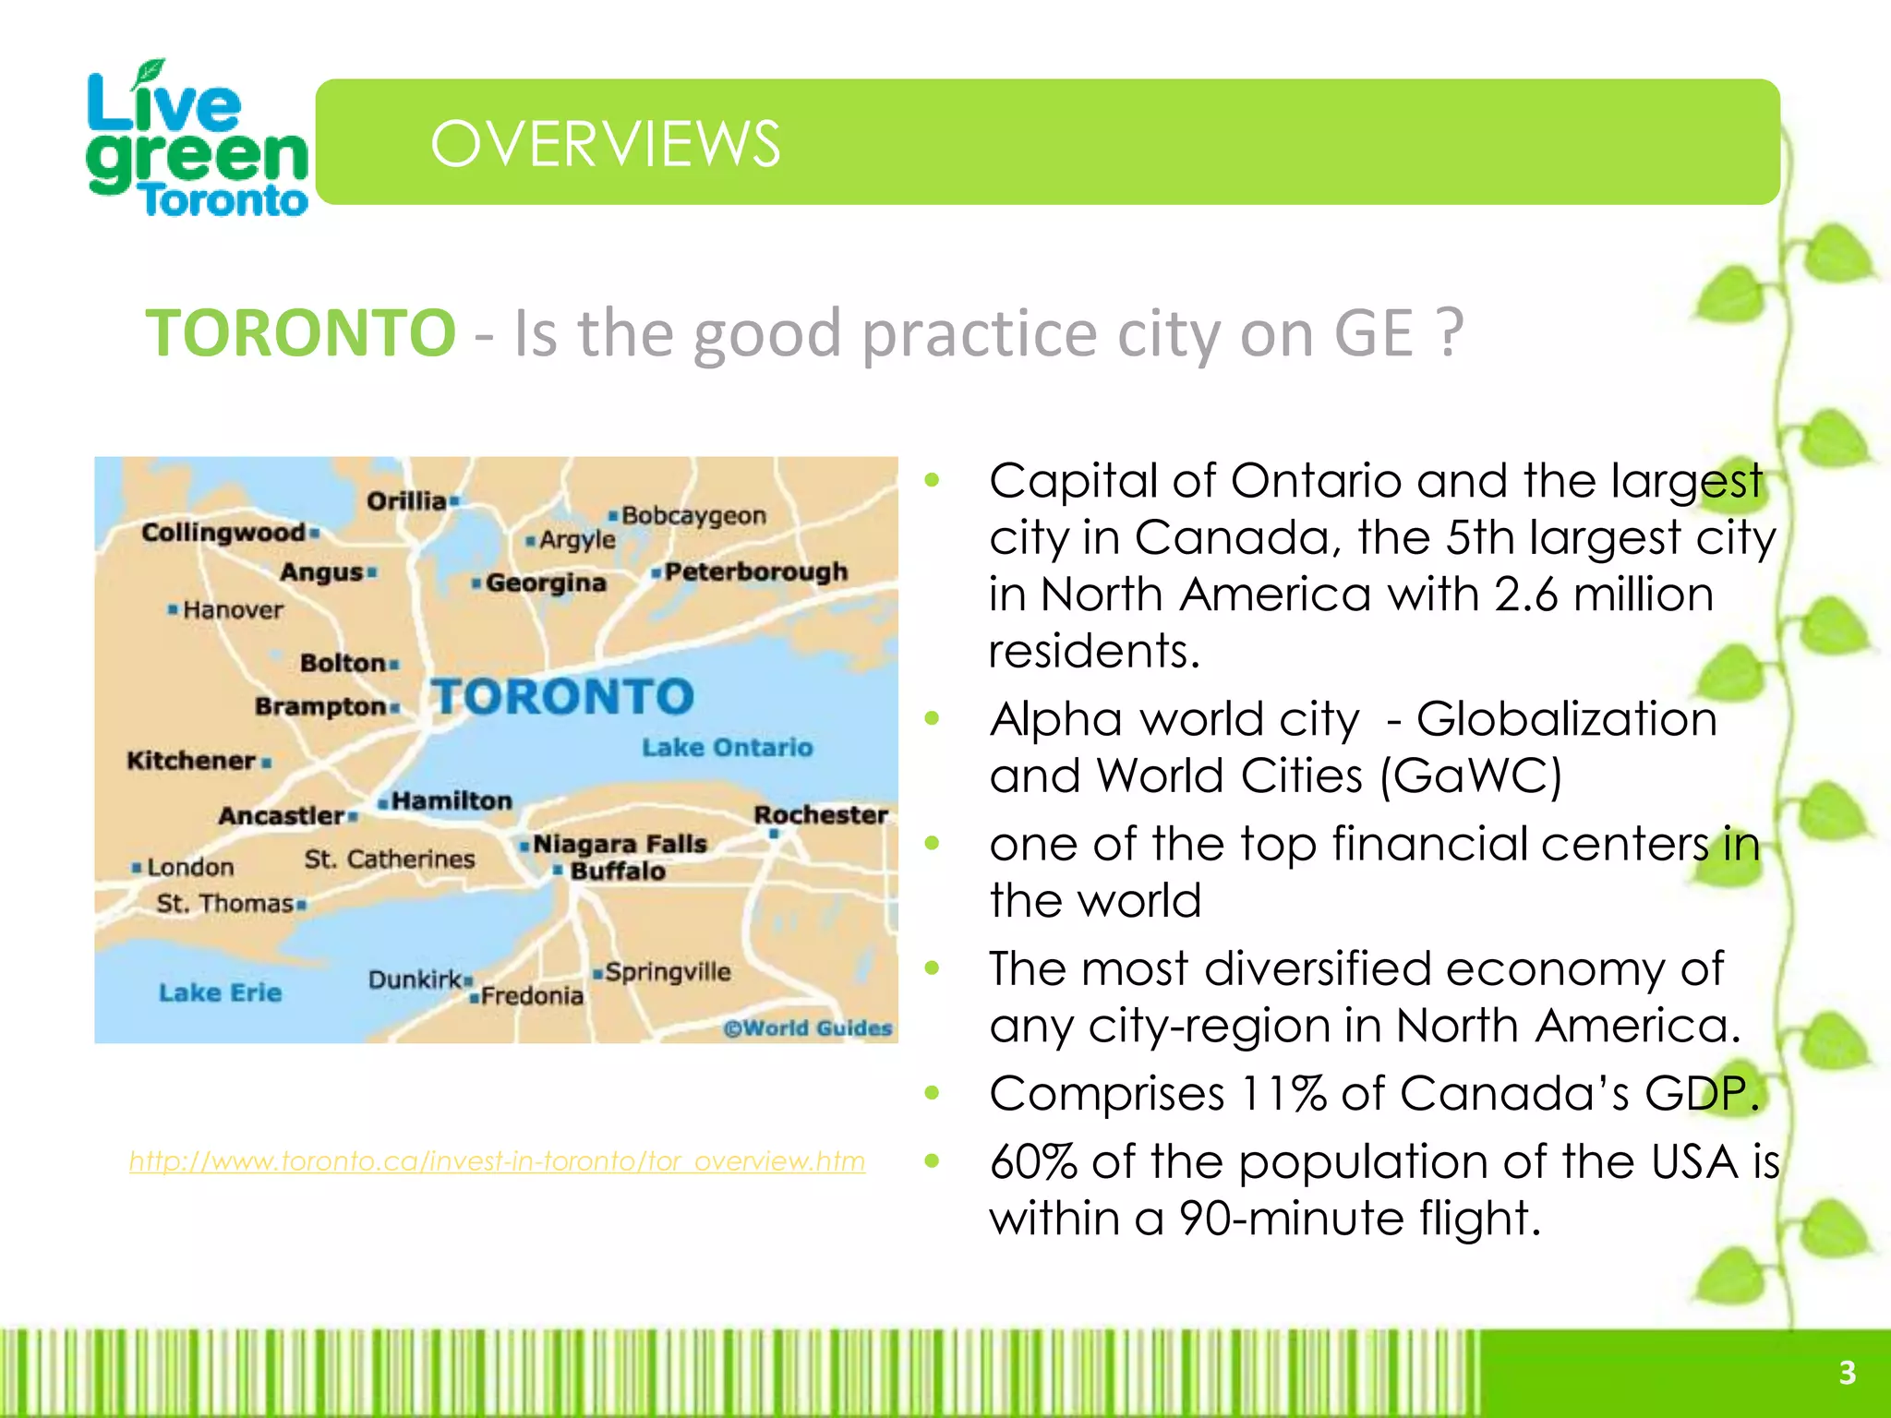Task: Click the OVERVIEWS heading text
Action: click(x=605, y=144)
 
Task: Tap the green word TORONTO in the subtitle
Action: click(x=301, y=332)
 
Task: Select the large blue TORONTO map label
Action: click(x=562, y=697)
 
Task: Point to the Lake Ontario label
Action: click(x=728, y=747)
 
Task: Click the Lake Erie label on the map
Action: click(x=220, y=992)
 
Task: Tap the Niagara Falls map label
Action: click(x=620, y=844)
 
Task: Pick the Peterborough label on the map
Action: click(x=755, y=571)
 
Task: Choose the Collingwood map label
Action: click(x=223, y=532)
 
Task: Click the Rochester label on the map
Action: click(x=820, y=814)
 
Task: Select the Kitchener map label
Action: click(x=191, y=761)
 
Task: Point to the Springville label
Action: click(x=668, y=971)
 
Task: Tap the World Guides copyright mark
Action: click(x=808, y=1028)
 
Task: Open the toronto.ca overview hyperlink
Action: click(x=497, y=1160)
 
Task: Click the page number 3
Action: click(x=1847, y=1373)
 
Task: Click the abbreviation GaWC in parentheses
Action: click(x=1469, y=775)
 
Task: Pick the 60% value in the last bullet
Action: click(x=1032, y=1162)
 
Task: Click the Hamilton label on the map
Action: click(x=451, y=800)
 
